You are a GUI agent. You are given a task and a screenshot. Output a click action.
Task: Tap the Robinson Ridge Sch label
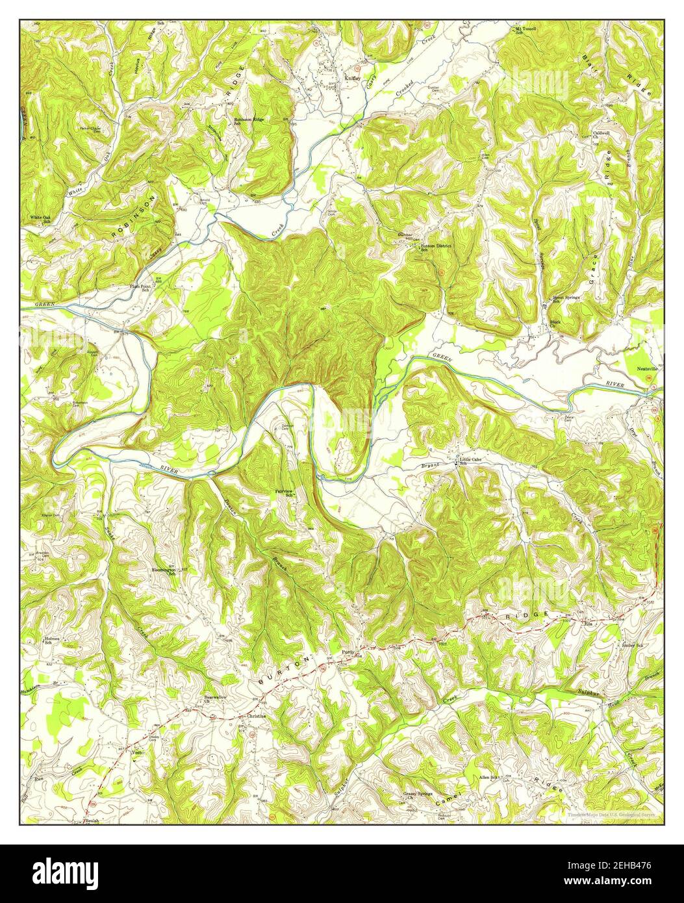pos(249,121)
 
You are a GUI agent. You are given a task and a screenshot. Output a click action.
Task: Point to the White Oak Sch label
pos(40,219)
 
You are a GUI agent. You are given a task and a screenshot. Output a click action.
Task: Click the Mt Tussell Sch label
pos(526,31)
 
